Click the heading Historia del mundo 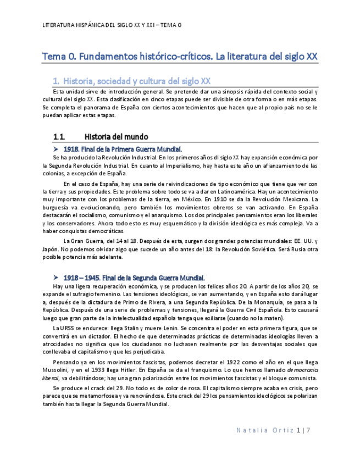(117, 136)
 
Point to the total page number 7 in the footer (308, 430)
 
